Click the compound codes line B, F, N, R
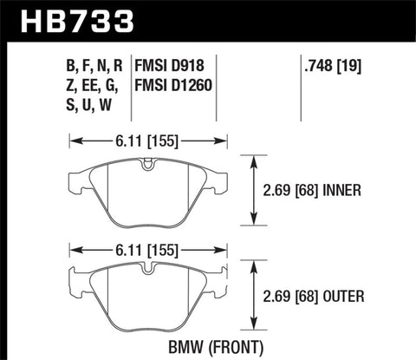coord(90,65)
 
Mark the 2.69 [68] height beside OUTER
coord(293,299)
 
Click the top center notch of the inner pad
coord(148,162)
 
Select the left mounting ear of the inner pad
coord(76,182)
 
